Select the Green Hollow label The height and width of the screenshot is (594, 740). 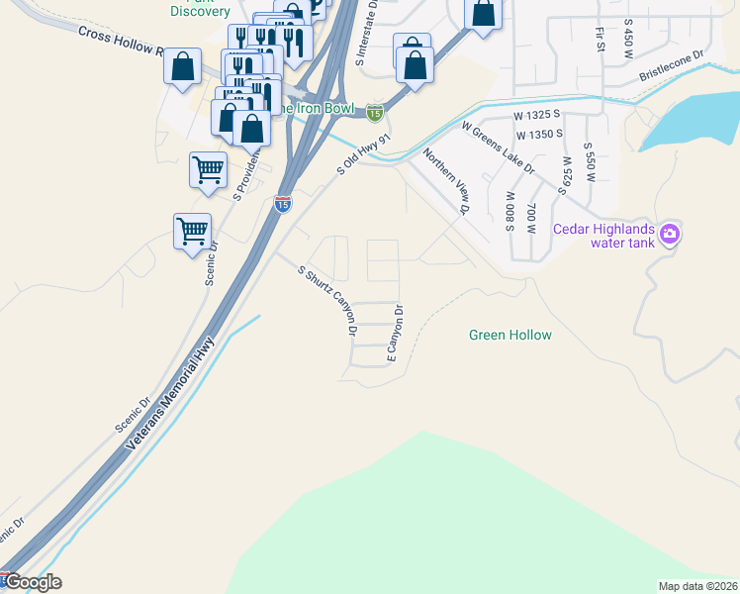point(509,336)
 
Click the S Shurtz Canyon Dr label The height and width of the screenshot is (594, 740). point(327,296)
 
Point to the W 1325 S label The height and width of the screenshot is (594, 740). point(537,116)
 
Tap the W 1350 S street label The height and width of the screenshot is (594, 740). point(538,133)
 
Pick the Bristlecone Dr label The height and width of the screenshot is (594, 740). point(671,67)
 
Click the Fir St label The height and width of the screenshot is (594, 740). point(600,40)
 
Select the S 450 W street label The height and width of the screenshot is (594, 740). point(628,40)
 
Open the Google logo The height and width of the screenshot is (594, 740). point(32,582)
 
